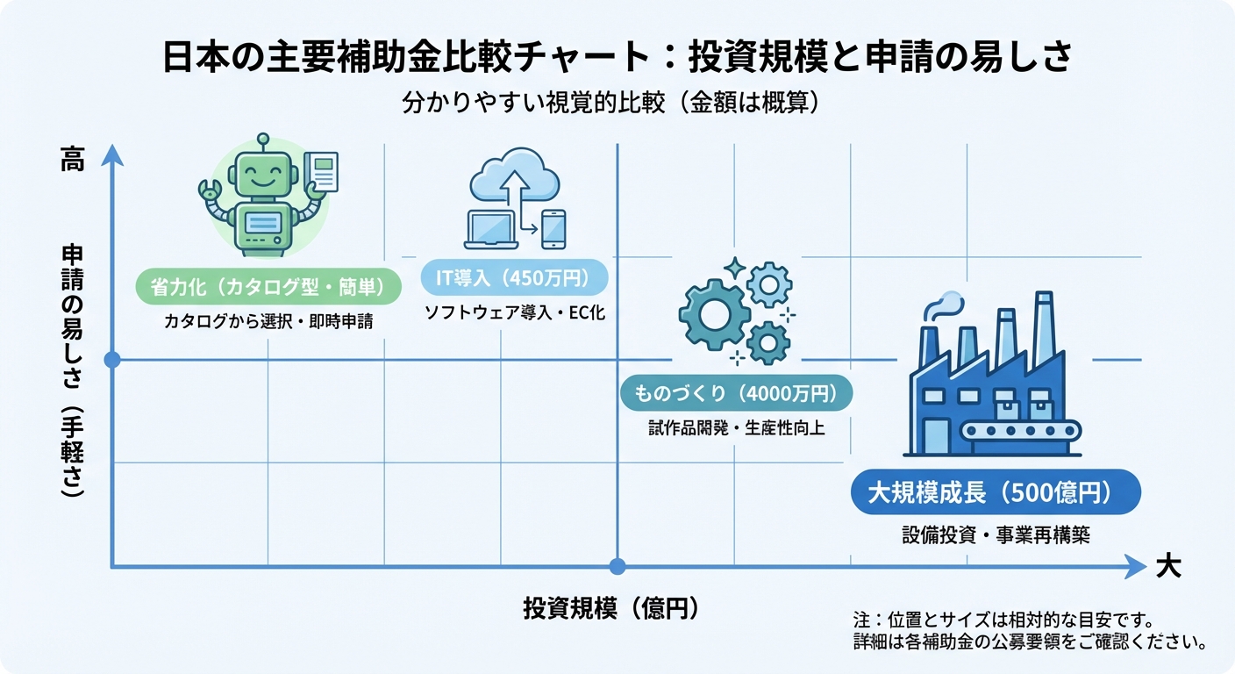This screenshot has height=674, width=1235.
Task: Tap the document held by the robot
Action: tap(321, 172)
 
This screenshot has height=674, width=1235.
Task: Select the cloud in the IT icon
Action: tap(515, 175)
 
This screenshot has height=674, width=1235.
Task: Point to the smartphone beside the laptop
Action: tap(553, 229)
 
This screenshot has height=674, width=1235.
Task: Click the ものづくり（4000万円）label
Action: tap(736, 394)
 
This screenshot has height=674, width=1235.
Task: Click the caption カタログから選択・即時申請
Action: tap(268, 322)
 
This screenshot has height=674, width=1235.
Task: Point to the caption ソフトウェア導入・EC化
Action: tap(514, 313)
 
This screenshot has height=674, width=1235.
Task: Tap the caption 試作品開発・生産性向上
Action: tap(736, 429)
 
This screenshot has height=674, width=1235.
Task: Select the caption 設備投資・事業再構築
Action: tap(996, 534)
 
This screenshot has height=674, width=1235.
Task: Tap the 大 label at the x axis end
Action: tap(1167, 567)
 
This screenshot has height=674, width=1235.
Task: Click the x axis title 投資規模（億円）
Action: tap(610, 608)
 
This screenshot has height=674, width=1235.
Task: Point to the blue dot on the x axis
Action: tap(617, 567)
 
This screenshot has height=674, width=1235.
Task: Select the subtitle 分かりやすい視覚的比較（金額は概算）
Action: tap(610, 102)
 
